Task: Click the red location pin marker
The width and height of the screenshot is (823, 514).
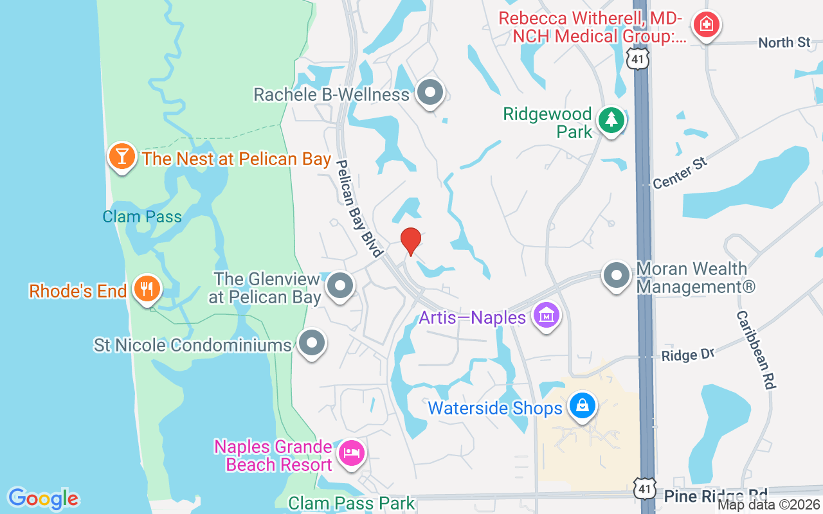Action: coord(411,241)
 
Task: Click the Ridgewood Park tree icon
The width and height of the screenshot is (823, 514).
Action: coord(611,120)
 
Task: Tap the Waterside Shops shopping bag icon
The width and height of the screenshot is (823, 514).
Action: coord(583,406)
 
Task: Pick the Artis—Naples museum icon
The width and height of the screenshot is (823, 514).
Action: coord(547,316)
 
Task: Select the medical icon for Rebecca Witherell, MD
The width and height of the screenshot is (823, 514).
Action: coord(706,25)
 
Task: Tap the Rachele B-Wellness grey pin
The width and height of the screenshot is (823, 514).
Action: coord(430,93)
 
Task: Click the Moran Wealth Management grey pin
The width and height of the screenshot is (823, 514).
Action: coord(617,275)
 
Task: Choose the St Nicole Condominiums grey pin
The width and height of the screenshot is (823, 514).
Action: coord(312,343)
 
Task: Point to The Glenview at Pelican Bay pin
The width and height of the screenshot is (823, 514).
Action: coord(340,286)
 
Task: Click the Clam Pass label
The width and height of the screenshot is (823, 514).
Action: coord(142,217)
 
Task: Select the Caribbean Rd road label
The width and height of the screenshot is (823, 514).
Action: coord(756,350)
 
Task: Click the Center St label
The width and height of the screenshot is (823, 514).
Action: coord(680,173)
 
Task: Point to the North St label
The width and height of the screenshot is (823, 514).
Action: coord(784,42)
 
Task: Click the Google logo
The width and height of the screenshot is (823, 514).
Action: coord(44,499)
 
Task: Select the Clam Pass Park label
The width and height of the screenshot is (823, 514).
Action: coord(352,503)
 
